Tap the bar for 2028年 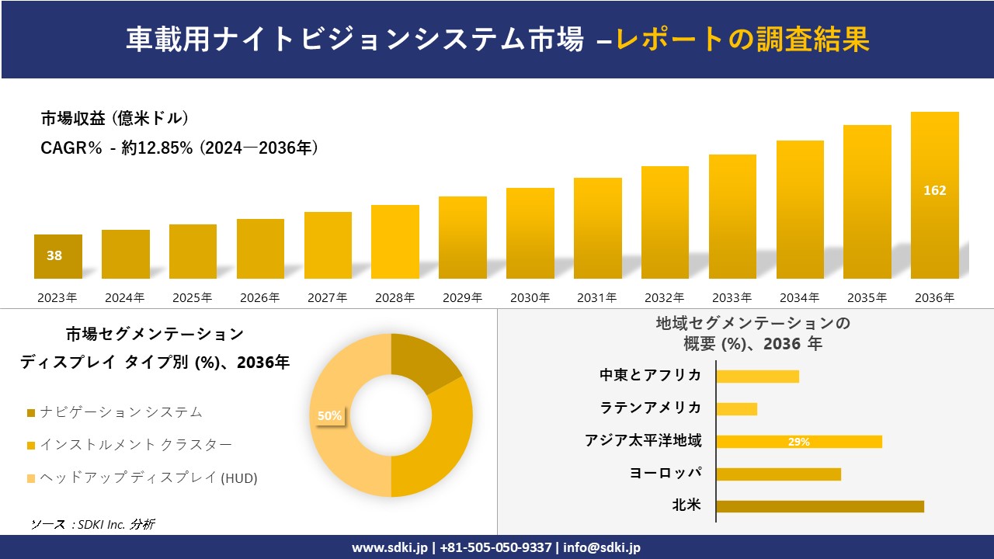point(394,241)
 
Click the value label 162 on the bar point(934,190)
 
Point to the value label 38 point(54,255)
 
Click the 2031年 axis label point(596,297)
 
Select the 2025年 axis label point(192,297)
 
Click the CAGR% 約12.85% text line point(179,148)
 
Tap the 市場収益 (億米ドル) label point(114,119)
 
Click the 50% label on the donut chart point(329,415)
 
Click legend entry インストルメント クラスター point(135,445)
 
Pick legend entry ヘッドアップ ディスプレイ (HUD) point(148,478)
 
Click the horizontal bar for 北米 point(819,506)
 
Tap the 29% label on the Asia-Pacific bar point(798,442)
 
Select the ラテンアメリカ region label point(650,408)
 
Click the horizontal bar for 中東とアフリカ point(757,376)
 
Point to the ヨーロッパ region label point(666,473)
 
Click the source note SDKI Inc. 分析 point(92,524)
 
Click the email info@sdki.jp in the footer point(602,547)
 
